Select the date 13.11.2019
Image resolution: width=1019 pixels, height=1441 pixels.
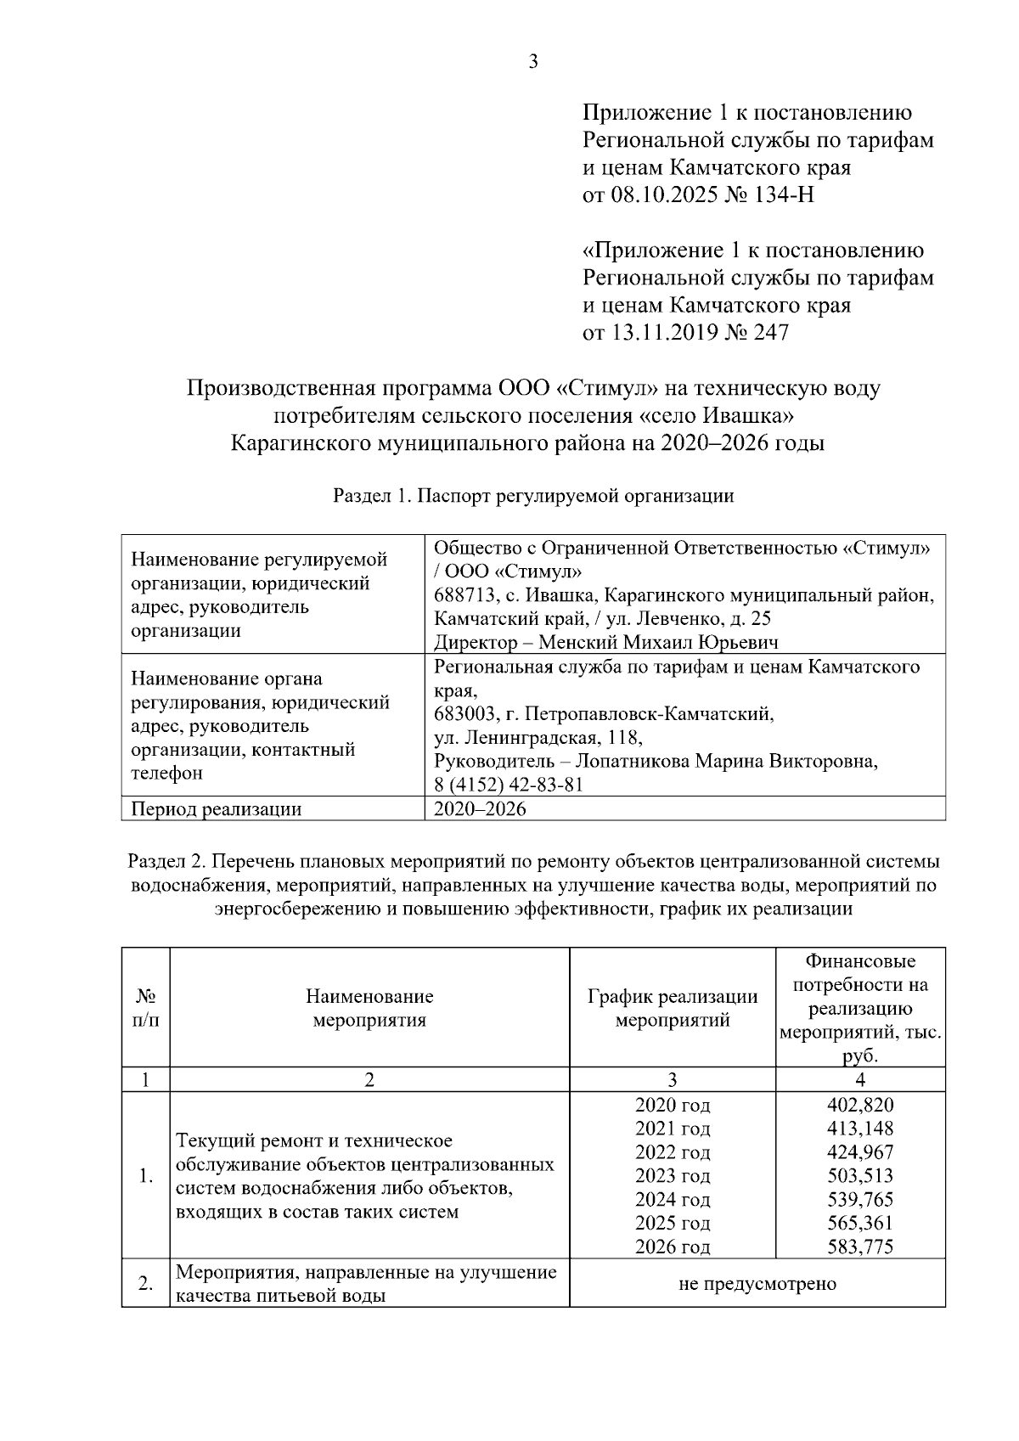(664, 333)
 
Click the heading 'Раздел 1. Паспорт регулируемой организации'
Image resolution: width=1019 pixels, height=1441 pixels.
(533, 496)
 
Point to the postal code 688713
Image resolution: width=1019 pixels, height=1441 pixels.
(461, 594)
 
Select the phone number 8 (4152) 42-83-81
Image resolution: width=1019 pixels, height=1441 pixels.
(508, 785)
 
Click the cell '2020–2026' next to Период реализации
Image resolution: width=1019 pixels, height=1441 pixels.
(480, 808)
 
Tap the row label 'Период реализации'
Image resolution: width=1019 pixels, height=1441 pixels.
(217, 808)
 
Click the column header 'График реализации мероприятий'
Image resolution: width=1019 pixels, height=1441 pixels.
(672, 1008)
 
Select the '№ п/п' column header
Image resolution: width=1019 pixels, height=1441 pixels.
(145, 1008)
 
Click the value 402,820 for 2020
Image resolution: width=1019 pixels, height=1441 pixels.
(859, 1105)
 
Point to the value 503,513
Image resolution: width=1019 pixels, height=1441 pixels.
(859, 1176)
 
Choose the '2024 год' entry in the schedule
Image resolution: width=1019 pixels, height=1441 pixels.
(672, 1200)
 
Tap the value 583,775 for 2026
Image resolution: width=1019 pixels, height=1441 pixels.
(859, 1247)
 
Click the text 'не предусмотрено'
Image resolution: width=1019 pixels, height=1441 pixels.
(757, 1283)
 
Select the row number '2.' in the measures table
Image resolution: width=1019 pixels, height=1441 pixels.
(145, 1283)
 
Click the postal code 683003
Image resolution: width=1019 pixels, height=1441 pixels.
(461, 713)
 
